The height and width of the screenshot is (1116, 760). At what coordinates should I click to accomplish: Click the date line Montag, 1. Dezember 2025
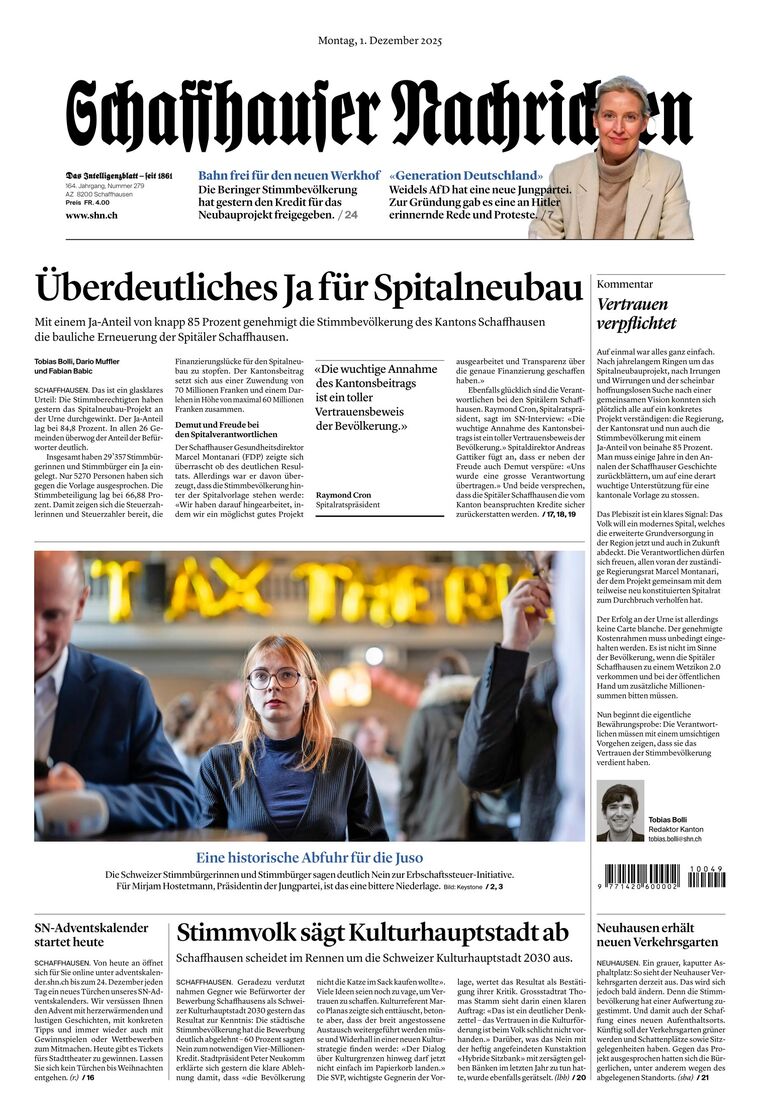pyautogui.click(x=380, y=41)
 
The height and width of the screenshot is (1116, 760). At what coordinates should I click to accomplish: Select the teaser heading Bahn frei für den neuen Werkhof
pyautogui.click(x=289, y=175)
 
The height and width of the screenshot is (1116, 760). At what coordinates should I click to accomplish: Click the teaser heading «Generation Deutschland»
pyautogui.click(x=466, y=175)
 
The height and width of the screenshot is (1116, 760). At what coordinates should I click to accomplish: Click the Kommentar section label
pyautogui.click(x=624, y=284)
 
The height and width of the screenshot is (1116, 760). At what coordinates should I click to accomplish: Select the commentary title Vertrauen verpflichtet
pyautogui.click(x=636, y=313)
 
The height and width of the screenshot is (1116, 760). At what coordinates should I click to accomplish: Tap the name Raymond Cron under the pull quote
pyautogui.click(x=343, y=495)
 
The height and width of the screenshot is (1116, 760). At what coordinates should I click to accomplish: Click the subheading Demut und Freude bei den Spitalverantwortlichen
pyautogui.click(x=227, y=429)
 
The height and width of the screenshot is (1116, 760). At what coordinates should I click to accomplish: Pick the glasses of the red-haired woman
pyautogui.click(x=274, y=677)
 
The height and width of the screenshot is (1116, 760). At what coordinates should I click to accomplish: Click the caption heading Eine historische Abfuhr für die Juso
pyautogui.click(x=309, y=857)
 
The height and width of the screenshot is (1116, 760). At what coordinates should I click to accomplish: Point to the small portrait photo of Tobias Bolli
pyautogui.click(x=620, y=811)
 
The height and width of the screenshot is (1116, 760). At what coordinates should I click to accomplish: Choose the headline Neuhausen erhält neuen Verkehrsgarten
pyautogui.click(x=657, y=935)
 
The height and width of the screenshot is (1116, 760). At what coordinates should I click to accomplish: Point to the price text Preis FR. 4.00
pyautogui.click(x=87, y=202)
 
